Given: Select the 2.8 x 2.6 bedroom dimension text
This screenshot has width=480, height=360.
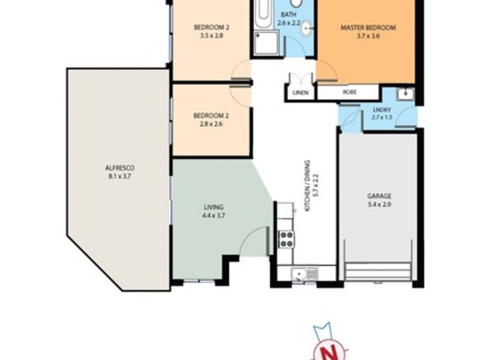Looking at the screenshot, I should coord(208,125).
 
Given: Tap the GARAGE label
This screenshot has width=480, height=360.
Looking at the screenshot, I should coord(379,196).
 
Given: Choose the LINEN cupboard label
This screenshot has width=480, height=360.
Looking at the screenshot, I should coord(301,93).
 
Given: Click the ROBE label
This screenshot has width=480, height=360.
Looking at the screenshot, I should coord(349,93).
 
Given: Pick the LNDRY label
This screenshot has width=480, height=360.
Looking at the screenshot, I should coord(382,110).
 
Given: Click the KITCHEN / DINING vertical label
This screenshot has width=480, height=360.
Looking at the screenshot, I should coord(307,186).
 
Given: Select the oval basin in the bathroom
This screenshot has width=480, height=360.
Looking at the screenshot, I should coord(307,27).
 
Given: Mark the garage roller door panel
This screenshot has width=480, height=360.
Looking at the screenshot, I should coord(378,271).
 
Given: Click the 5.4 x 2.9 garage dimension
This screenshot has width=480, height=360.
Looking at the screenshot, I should coord(379,205).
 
